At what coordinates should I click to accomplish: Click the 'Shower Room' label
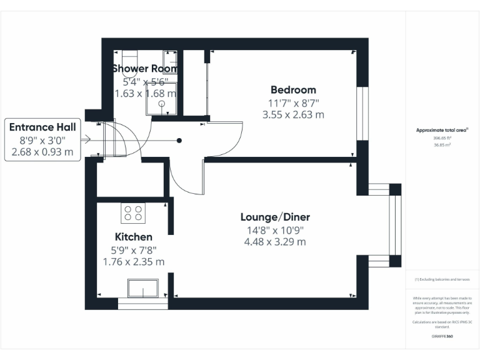click(145, 69)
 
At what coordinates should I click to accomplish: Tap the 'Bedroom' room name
click(293, 89)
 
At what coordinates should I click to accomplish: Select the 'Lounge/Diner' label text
click(275, 217)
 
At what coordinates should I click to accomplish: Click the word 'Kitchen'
click(133, 237)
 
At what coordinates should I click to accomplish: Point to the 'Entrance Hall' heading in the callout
click(42, 127)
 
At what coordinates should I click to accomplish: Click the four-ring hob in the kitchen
click(132, 213)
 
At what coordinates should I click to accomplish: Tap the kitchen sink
click(143, 289)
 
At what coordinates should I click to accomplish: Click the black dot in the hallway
click(179, 141)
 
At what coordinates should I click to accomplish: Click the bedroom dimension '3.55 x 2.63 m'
click(293, 114)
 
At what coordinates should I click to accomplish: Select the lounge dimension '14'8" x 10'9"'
click(275, 230)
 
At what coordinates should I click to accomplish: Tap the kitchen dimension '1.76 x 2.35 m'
click(133, 261)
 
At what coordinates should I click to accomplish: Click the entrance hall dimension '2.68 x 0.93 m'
click(42, 151)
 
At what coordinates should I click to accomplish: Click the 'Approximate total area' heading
click(442, 130)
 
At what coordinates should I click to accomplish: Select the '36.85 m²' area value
click(442, 144)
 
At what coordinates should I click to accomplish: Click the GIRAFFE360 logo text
click(442, 336)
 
